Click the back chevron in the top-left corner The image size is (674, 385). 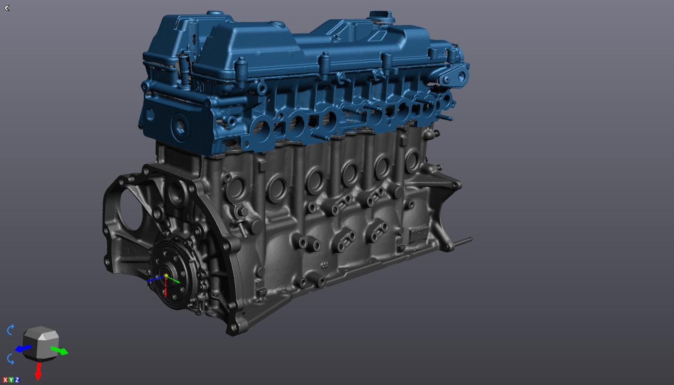coord(7,8)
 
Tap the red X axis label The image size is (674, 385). coord(5,380)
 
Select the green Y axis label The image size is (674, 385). coord(11,380)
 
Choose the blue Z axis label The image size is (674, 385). coord(17,380)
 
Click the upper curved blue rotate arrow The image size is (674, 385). coord(11,330)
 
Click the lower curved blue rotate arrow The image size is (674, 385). coord(11,359)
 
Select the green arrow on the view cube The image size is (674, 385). coord(60,351)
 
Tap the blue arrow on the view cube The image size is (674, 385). coord(23,349)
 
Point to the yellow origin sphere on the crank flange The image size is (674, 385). coord(166,276)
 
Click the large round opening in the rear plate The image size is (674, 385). coord(130,210)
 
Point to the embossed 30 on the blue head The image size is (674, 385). coord(199,88)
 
